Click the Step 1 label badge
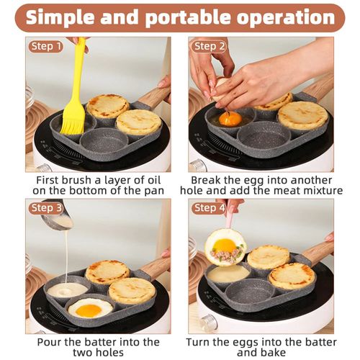coord(46,46)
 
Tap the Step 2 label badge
coord(210,46)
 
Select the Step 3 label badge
coord(46,208)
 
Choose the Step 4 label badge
coord(210,208)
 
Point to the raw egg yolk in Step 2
coord(230,118)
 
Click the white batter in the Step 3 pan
coord(66,289)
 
